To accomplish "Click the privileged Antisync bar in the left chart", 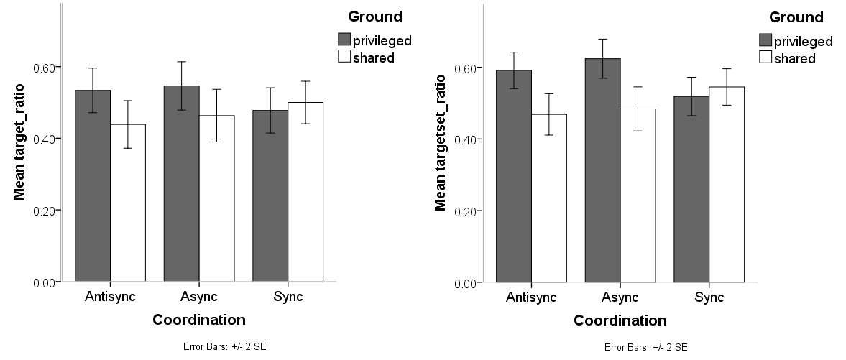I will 93,186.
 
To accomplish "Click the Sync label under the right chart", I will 709,297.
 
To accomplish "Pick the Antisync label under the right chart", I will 531,297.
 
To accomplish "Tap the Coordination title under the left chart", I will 199,320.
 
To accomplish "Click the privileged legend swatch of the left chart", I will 344,40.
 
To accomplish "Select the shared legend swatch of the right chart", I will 765,58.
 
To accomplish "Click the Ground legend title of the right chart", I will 796,17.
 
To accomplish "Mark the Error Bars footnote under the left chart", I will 225,347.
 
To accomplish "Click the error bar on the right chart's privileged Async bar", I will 602,58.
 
